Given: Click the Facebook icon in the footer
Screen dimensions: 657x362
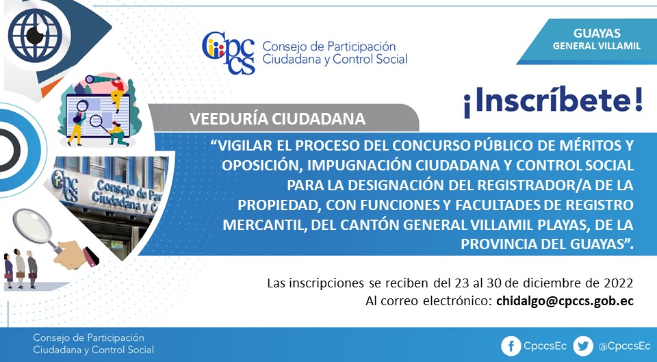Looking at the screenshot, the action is click(511, 346).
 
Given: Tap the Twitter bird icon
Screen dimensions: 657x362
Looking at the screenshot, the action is click(583, 346).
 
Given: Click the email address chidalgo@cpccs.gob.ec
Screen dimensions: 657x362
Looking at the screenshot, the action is click(565, 301).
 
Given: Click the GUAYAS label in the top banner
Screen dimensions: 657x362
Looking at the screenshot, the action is click(597, 33).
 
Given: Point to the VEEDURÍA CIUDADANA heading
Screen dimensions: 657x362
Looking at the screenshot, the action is click(277, 118).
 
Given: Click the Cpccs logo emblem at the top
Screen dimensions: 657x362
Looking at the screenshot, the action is click(229, 53).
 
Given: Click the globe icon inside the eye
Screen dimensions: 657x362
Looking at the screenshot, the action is click(35, 35).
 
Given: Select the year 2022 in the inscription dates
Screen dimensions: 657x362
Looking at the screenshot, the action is click(619, 283).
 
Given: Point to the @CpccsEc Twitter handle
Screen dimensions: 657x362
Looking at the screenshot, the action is click(624, 346).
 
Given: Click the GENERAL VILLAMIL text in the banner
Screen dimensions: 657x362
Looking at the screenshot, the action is click(597, 46).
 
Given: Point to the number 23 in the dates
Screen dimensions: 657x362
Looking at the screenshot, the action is click(461, 283).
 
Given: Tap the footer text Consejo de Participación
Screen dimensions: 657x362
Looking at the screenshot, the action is click(88, 337).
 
